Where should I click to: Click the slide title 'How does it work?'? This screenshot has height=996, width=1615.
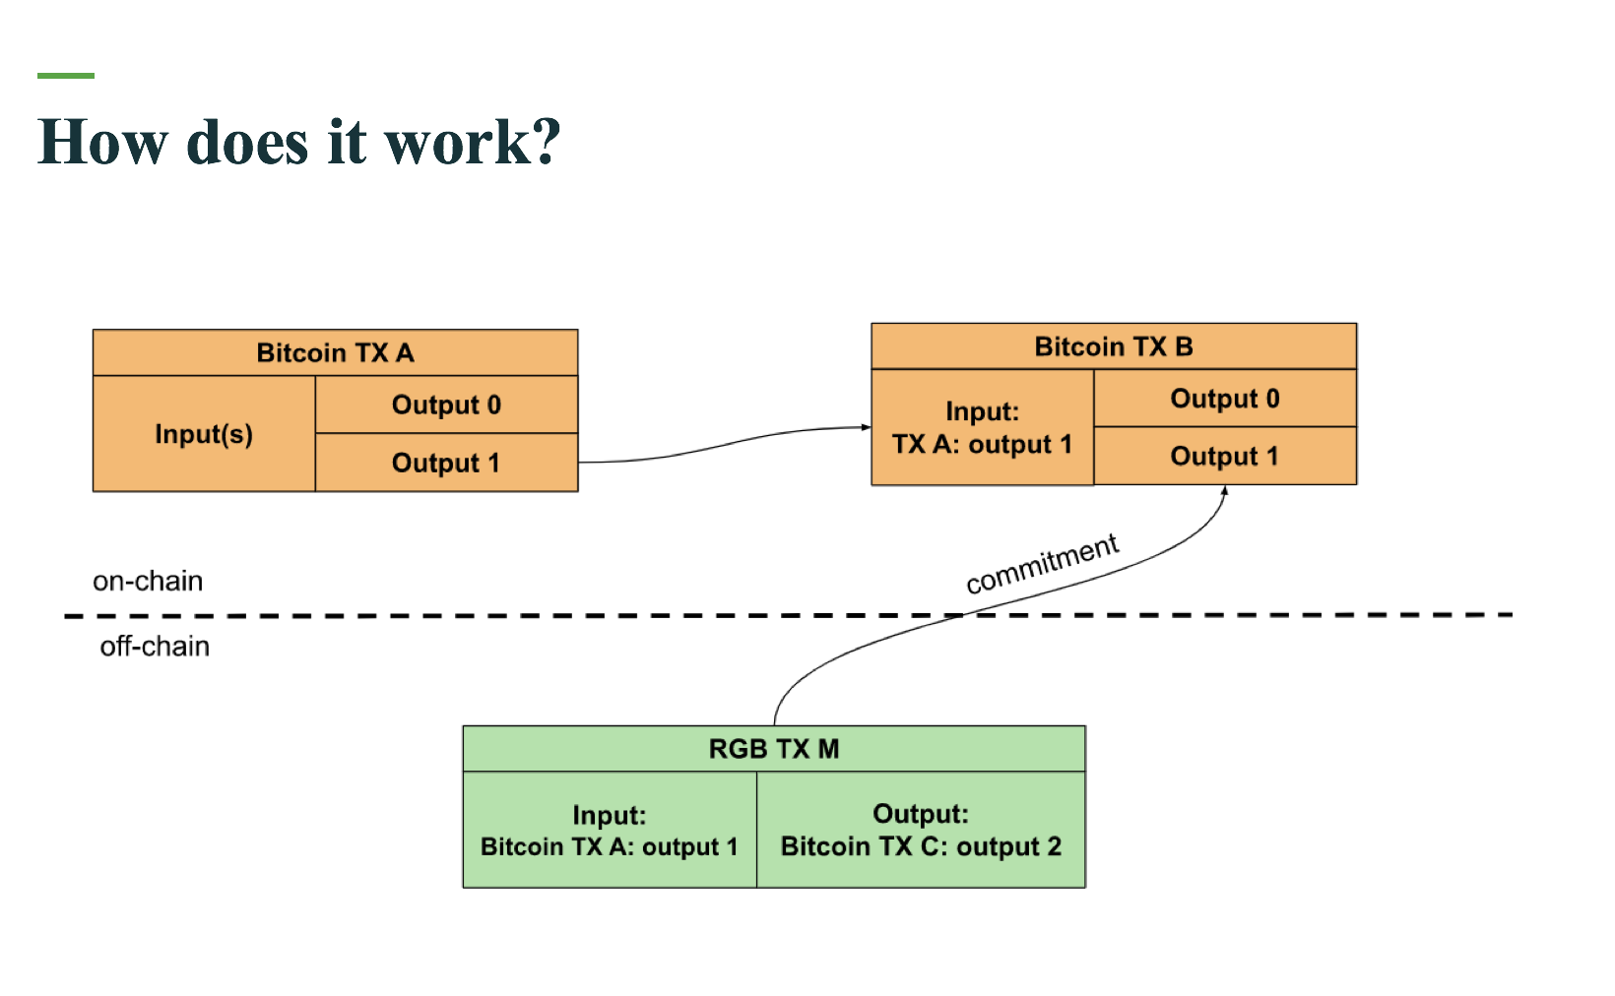(299, 142)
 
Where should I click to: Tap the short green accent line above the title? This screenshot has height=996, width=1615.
(66, 76)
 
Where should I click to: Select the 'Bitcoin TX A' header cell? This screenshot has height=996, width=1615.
(335, 352)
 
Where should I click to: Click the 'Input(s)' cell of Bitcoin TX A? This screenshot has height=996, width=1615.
(204, 434)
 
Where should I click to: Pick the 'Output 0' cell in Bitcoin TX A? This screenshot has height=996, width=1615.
(446, 405)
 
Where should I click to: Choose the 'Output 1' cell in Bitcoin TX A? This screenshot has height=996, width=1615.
(446, 463)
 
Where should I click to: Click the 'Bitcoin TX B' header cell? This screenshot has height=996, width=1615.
(1114, 346)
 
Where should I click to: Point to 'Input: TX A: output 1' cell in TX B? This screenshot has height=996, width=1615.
(983, 427)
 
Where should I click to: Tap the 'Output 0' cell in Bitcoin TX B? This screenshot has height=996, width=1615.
(1225, 399)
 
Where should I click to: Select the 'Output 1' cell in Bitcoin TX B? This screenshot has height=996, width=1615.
(1225, 456)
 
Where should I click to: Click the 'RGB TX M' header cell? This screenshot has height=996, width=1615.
(774, 749)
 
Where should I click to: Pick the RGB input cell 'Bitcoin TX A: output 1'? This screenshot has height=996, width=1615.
(610, 830)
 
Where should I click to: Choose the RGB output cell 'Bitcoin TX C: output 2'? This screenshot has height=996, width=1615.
(922, 830)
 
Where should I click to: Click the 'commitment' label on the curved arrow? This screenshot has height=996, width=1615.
(1043, 564)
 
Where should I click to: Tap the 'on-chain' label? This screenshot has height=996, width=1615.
(148, 581)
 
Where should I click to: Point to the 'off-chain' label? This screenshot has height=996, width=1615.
(155, 647)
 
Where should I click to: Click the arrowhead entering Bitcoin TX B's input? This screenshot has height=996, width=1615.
(867, 427)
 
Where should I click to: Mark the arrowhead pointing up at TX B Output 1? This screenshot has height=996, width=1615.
(1224, 491)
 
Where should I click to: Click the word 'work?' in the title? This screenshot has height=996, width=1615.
(473, 142)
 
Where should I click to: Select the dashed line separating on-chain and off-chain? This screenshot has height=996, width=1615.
(788, 615)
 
